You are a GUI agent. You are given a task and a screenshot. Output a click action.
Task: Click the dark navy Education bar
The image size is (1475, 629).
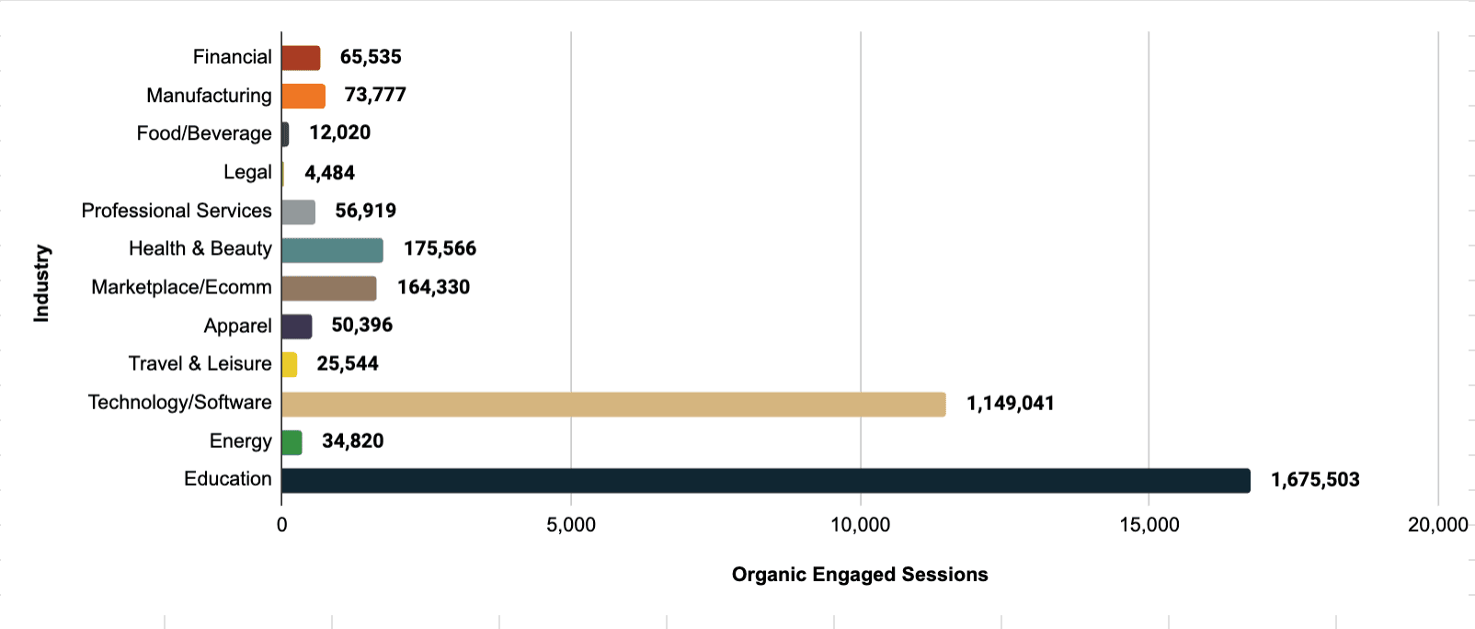[x=765, y=480]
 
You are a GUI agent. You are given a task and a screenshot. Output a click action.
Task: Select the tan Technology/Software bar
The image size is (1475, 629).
[x=613, y=404]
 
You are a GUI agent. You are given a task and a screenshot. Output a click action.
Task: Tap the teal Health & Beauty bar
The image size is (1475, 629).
[x=332, y=249]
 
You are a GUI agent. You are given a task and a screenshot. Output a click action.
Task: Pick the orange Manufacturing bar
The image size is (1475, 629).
[x=303, y=96]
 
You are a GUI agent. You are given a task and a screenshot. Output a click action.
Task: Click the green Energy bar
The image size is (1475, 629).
[x=292, y=442]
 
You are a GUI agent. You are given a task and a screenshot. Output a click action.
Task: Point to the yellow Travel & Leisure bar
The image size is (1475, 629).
[x=290, y=364]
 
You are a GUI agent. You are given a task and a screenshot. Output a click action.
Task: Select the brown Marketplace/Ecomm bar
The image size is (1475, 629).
[x=328, y=288]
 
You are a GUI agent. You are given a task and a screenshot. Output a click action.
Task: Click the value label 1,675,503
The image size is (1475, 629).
[x=1314, y=480]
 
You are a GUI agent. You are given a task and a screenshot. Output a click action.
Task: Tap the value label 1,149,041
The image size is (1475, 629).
[x=1010, y=404]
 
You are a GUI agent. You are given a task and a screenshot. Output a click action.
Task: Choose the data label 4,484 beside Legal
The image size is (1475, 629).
[x=329, y=173]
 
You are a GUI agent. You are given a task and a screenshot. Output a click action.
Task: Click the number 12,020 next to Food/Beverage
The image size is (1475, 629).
[x=339, y=133]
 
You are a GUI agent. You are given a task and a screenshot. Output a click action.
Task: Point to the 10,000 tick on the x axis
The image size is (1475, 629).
[x=860, y=525]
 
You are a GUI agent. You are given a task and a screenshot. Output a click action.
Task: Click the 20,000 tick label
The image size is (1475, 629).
[x=1437, y=525]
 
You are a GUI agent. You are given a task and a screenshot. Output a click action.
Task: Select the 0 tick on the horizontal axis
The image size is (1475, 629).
[x=281, y=525]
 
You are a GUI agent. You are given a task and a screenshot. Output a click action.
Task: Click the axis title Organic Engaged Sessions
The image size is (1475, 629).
[x=859, y=575]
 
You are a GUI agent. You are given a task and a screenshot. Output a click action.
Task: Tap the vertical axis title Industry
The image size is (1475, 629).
[x=41, y=282]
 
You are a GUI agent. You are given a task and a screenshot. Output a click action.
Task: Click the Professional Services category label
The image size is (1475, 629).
[x=177, y=211]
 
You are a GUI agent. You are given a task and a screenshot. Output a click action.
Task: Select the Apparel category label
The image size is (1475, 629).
[x=237, y=326]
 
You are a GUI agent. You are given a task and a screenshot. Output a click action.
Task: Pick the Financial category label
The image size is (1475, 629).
[x=232, y=57]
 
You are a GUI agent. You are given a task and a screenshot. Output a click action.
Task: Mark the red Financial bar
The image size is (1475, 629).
[x=301, y=58]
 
